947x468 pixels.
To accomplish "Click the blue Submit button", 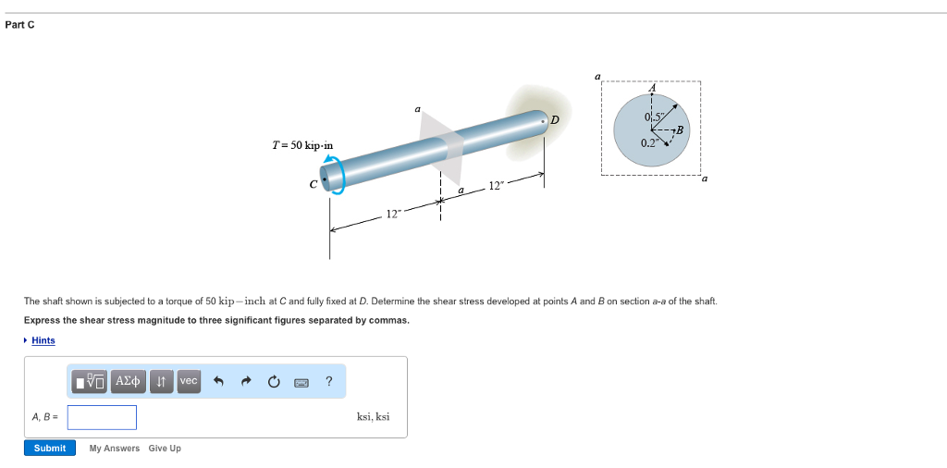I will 50,448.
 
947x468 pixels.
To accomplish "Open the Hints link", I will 43,340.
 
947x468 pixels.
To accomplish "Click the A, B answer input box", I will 102,417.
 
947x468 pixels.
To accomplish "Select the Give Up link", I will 165,449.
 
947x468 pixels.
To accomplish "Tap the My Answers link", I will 115,449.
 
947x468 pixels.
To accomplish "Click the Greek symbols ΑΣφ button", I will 129,381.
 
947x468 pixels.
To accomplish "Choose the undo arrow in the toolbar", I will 219,381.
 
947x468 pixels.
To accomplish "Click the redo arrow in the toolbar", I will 246,381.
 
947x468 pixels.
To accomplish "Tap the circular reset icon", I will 274,381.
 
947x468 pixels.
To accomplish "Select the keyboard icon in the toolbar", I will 301,381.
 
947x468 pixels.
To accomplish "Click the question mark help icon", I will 329,381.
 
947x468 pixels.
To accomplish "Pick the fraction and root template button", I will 92,381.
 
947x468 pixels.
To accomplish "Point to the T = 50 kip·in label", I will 302,145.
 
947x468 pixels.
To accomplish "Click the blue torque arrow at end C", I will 333,173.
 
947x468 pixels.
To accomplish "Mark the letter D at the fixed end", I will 555,119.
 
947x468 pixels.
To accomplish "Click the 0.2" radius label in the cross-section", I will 649,143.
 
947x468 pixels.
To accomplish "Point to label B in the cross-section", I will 681,129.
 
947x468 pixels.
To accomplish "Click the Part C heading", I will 19,24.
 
